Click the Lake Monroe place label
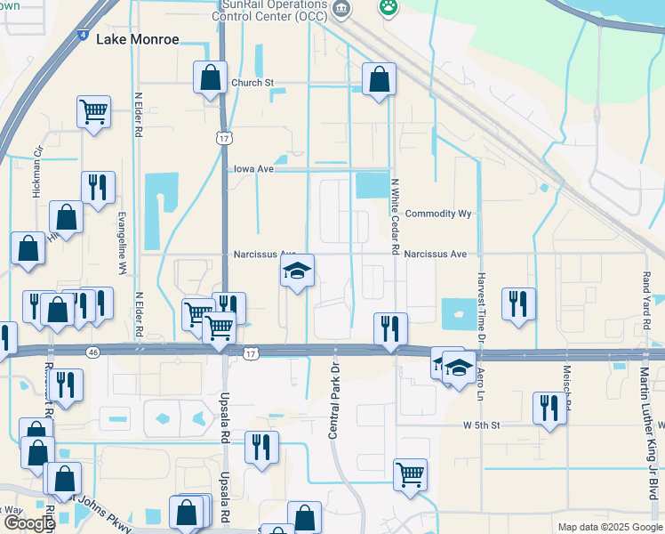pos(137,40)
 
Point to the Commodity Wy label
pos(437,214)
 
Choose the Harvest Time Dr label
pos(480,308)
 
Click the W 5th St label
pos(482,425)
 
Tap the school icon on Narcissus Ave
pos(298,271)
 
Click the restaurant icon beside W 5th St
pos(549,409)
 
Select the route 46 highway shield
pos(92,352)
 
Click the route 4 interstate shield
pos(82,36)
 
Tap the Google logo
pos(28,523)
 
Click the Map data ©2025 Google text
pos(609,527)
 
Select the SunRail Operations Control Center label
pos(276,11)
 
